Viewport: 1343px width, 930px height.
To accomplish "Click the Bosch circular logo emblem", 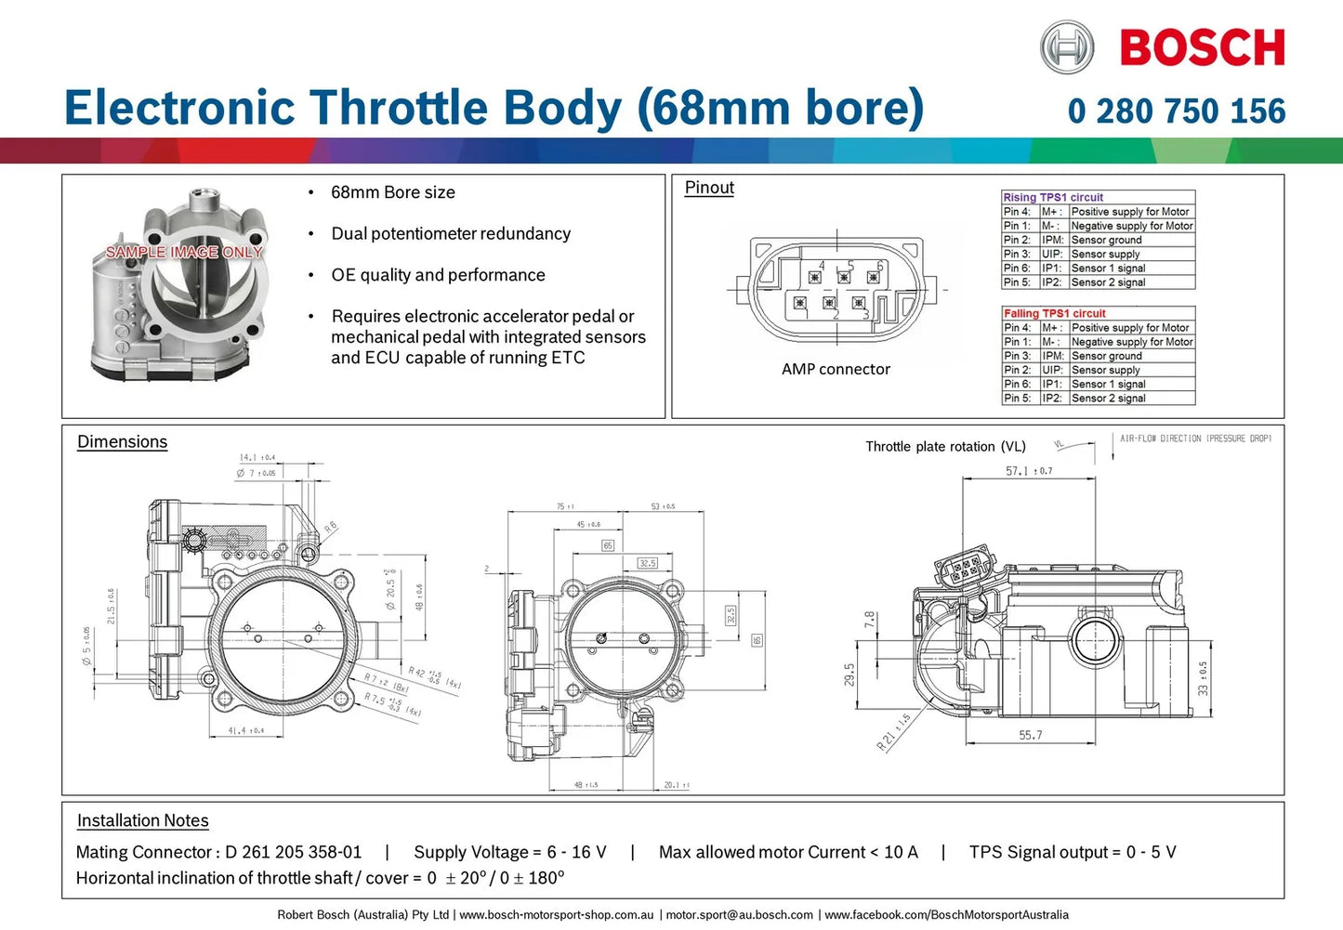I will click(x=1066, y=47).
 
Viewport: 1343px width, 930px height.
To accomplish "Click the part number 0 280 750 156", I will click(x=1177, y=111).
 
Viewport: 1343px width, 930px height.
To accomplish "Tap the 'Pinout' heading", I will click(x=709, y=188).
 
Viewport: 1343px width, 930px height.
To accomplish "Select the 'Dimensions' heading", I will click(x=122, y=442).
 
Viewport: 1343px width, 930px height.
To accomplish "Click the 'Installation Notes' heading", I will click(x=142, y=820).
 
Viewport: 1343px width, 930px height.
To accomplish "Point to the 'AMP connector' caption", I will click(x=836, y=369).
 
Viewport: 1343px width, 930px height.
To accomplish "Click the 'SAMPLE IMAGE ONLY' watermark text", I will click(x=184, y=252).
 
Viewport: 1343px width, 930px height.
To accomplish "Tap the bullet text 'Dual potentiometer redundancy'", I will click(x=451, y=233).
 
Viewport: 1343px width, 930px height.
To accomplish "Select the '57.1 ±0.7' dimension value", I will click(x=1029, y=471).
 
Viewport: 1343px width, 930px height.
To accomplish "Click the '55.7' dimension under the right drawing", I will click(x=1030, y=735).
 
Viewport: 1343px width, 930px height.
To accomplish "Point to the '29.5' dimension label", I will click(x=849, y=675).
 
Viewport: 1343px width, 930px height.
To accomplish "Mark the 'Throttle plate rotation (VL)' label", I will click(x=945, y=447).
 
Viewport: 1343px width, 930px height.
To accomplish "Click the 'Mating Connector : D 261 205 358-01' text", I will click(x=218, y=852).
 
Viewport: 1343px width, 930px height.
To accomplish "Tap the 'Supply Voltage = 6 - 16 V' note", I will click(x=509, y=852).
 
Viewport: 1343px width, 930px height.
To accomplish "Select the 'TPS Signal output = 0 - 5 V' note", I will click(x=1073, y=852).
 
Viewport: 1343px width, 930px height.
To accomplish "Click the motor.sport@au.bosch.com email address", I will click(x=739, y=915).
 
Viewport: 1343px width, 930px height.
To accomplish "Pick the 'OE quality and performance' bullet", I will click(x=438, y=275).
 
